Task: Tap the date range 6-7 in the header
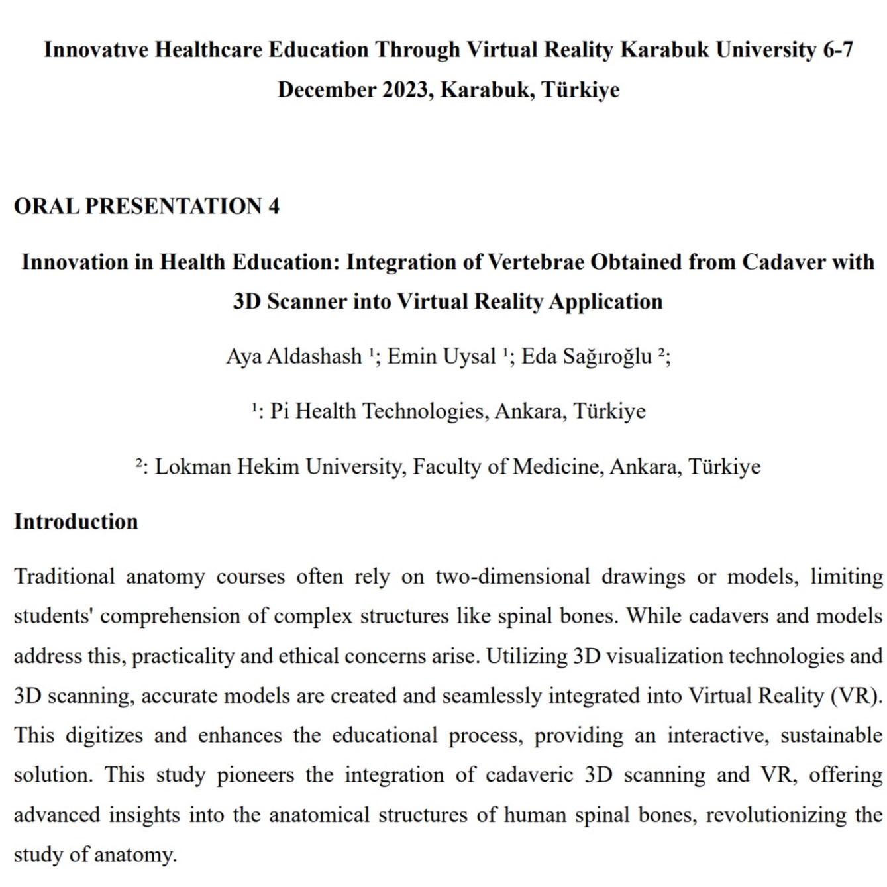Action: click(837, 50)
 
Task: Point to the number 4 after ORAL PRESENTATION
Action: click(274, 206)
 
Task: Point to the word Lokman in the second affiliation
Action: click(193, 466)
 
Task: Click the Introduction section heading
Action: click(76, 521)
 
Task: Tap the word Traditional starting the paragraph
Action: click(64, 576)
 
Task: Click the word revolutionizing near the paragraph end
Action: click(776, 815)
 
